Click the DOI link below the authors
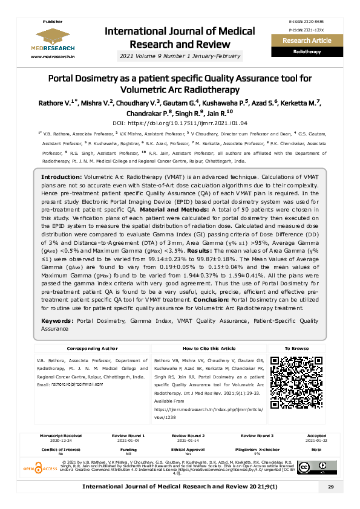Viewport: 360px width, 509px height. click(179, 123)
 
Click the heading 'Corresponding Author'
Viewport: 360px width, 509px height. click(92, 349)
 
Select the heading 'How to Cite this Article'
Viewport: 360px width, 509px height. click(209, 349)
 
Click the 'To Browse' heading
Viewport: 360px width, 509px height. click(296, 349)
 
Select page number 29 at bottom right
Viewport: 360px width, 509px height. click(330, 487)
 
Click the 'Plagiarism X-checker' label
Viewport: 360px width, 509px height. click(257, 449)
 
